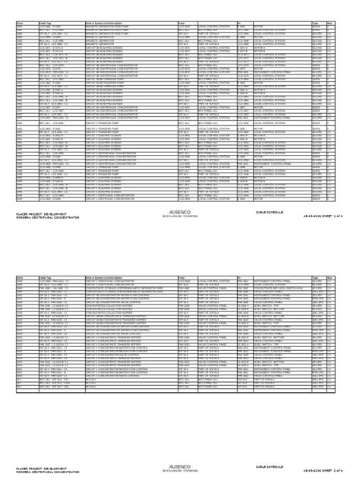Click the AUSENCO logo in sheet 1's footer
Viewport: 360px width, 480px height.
pos(179,213)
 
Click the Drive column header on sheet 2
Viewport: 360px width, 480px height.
pos(20,280)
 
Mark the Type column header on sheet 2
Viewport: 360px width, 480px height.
pos(317,280)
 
